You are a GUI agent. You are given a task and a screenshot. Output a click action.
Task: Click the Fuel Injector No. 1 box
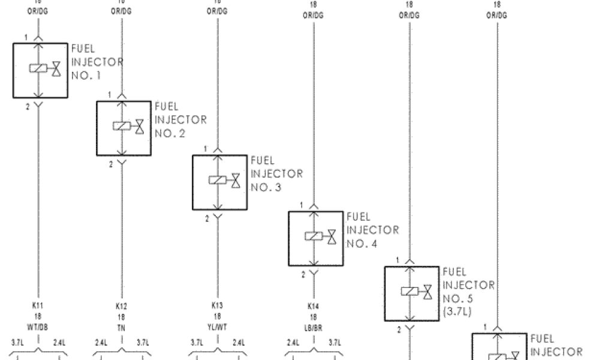coord(40,70)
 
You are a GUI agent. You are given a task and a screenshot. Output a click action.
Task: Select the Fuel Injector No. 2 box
coord(124,128)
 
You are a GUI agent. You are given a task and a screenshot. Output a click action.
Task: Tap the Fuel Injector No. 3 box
coord(219,182)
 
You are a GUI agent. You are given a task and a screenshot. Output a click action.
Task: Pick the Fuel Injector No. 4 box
coord(315,238)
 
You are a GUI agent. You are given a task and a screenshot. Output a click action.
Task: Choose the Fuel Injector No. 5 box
coord(411,293)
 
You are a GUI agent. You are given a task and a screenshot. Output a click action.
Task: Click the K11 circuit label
coord(37,306)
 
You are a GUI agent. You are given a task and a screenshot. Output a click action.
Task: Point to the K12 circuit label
coord(121,306)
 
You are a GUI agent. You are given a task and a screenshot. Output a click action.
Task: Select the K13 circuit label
coord(217,306)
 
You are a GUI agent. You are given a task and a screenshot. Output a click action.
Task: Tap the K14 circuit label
coord(313,306)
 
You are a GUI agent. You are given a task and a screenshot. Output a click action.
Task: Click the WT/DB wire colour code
coord(37,326)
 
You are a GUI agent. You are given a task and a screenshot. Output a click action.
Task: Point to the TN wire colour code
coord(121,326)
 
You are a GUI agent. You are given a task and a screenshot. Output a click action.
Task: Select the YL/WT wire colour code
coord(217,326)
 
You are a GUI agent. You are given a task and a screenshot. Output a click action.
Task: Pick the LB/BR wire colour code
coord(313,326)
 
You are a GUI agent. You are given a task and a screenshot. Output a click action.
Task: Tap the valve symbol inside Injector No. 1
coord(56,68)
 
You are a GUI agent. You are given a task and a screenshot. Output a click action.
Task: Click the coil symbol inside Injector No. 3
coord(216,180)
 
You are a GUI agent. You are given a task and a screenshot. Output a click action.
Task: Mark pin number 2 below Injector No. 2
coord(110,164)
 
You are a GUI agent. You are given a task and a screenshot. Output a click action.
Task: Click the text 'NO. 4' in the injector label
coord(362,244)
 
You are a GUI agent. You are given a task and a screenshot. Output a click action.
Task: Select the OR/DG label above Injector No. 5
coord(410,16)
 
